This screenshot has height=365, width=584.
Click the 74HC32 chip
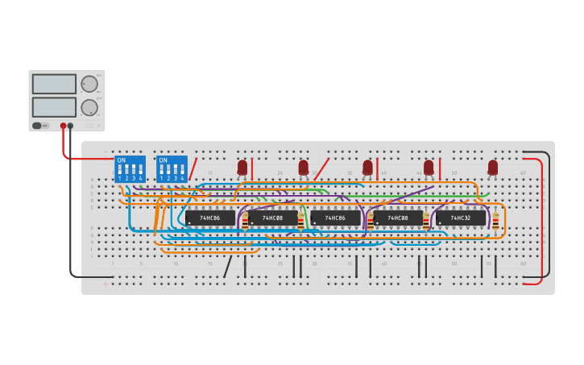click(x=461, y=218)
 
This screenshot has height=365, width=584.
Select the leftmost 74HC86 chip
click(x=210, y=218)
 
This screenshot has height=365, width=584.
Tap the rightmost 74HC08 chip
click(x=398, y=218)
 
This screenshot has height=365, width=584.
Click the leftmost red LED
click(x=242, y=168)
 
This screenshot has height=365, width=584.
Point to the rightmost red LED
click(x=493, y=168)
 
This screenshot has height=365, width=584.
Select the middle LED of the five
click(x=367, y=168)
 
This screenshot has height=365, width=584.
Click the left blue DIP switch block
click(x=130, y=168)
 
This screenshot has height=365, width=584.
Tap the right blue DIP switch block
click(x=172, y=168)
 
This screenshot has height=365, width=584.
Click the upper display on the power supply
click(x=54, y=84)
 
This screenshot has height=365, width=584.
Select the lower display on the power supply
click(x=54, y=107)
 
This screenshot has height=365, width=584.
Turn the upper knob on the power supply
click(x=89, y=84)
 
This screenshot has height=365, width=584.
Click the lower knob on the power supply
click(x=89, y=107)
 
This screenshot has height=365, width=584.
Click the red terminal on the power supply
click(x=63, y=126)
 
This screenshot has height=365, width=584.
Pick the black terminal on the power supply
click(x=71, y=126)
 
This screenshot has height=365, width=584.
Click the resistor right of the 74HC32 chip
click(x=495, y=220)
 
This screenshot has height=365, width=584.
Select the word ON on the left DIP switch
click(x=122, y=160)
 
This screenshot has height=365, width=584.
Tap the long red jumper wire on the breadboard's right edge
click(x=541, y=218)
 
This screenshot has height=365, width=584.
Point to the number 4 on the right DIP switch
click(x=182, y=177)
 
